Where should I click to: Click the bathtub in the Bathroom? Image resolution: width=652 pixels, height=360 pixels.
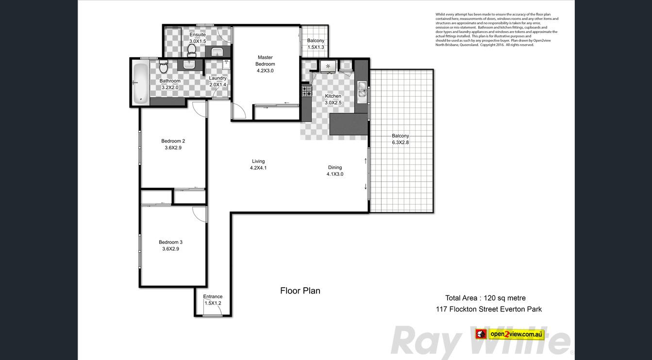(x=141, y=83)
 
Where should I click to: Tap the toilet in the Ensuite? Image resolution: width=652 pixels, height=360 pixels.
(x=192, y=51)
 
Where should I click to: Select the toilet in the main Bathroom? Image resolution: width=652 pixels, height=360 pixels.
(x=164, y=67)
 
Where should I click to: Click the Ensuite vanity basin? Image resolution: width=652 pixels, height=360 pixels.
(x=217, y=52)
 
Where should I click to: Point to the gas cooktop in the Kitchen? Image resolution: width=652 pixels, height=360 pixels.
(x=306, y=91)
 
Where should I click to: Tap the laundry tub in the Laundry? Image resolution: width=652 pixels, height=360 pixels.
(x=226, y=65)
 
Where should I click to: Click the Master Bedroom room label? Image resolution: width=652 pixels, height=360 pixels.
(x=265, y=61)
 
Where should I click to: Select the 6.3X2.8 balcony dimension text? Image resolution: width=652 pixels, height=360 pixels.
(x=400, y=142)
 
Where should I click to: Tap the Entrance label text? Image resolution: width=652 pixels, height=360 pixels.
(x=213, y=296)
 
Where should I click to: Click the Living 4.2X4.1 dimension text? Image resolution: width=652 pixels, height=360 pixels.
(x=258, y=168)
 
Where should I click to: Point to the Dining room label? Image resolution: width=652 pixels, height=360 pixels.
(x=334, y=168)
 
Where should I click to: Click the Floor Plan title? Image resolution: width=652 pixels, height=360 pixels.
(x=300, y=291)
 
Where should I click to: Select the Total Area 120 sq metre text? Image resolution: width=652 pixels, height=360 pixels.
(x=485, y=298)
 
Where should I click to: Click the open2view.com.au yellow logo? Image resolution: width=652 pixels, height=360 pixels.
(x=510, y=334)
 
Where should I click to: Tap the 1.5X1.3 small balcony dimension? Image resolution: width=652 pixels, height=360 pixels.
(x=316, y=47)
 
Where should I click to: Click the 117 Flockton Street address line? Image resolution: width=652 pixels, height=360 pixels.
(x=489, y=309)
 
